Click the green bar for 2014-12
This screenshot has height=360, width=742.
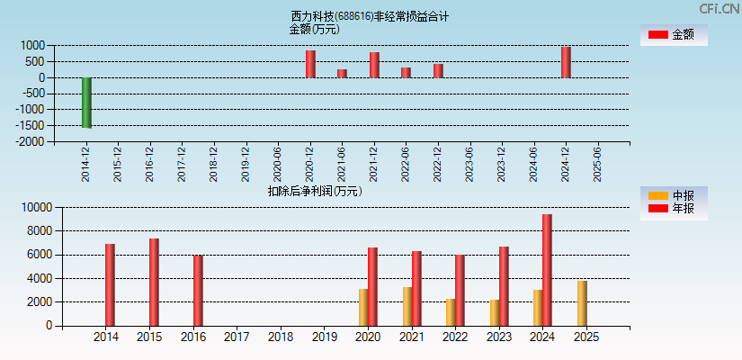86,103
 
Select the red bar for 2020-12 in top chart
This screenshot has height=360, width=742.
310,64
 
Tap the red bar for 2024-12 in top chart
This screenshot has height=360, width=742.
566,62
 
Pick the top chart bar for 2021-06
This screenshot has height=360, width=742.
342,73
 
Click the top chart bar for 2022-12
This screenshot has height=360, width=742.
438,70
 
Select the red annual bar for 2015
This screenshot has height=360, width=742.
154,282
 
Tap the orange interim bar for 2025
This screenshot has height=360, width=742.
582,303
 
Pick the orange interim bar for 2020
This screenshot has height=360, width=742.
363,307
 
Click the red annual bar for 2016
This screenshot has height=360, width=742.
198,291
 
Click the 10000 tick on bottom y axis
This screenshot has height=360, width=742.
33,207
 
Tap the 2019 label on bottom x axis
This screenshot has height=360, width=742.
325,337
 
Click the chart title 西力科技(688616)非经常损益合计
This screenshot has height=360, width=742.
370,16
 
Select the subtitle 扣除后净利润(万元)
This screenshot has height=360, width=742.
314,191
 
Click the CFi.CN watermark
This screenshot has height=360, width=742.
719,9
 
